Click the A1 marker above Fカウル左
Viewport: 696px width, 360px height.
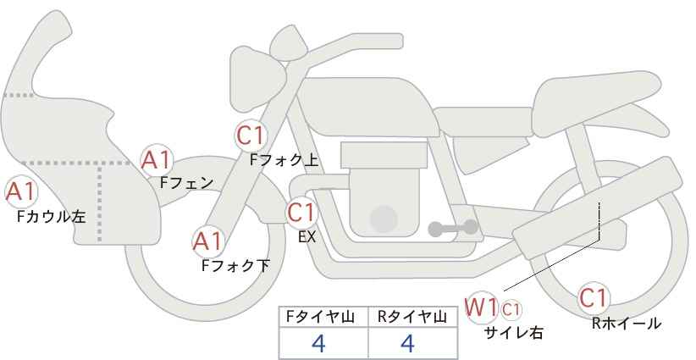tap(21, 192)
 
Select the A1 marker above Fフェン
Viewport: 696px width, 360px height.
tap(157, 160)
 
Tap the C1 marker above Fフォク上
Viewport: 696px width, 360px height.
tap(251, 136)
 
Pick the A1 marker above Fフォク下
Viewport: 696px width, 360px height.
tap(207, 241)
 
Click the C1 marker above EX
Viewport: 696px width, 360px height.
tap(301, 213)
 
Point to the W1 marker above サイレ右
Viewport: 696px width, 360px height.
tap(481, 307)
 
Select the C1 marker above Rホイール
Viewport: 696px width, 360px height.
tap(594, 298)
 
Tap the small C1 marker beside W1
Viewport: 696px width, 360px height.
tap(511, 309)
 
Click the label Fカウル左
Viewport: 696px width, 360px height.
tap(52, 217)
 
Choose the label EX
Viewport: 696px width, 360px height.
tap(307, 237)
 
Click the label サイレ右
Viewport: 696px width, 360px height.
tap(514, 333)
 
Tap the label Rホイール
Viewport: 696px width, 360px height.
tap(627, 324)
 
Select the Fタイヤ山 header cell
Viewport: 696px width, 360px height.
tap(323, 317)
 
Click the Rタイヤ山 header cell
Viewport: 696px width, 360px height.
tap(413, 317)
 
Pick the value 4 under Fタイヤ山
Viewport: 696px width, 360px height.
tap(318, 343)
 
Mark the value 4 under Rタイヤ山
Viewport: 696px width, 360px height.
tap(407, 343)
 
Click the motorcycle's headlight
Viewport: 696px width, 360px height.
tap(256, 79)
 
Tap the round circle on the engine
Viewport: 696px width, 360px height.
tap(384, 219)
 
